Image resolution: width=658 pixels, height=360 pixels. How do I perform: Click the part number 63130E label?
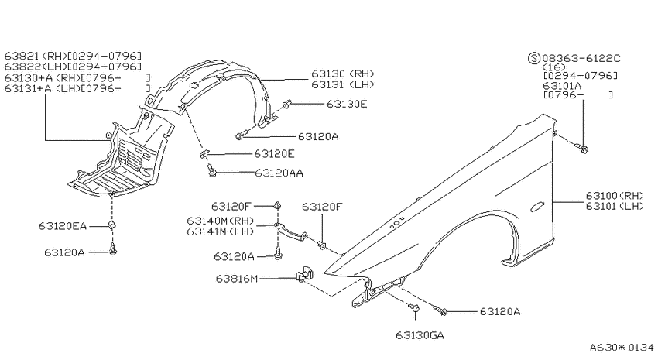347,104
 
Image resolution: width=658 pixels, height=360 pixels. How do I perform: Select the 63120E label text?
274,154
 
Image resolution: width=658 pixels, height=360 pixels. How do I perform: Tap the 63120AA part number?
279,173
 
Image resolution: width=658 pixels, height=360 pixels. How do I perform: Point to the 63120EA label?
62,226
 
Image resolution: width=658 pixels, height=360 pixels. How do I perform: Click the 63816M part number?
237,279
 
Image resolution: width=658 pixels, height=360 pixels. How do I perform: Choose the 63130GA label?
420,335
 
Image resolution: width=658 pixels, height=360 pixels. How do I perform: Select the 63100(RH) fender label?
615,196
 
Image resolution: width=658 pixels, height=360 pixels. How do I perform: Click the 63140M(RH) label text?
221,221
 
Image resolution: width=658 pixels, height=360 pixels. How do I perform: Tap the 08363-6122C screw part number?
581,58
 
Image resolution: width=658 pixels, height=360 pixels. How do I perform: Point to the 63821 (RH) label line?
73,56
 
